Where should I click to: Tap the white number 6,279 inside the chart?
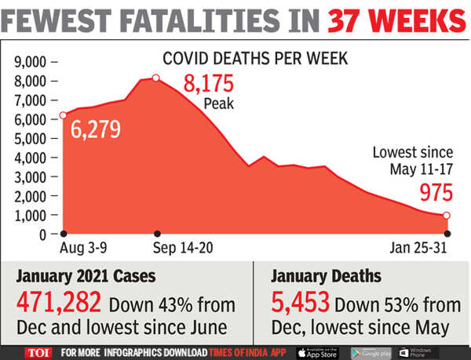(96, 129)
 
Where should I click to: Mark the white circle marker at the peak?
(156, 78)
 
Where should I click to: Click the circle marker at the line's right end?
(447, 216)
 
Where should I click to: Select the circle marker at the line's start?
(63, 116)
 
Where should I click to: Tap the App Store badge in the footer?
(319, 352)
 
